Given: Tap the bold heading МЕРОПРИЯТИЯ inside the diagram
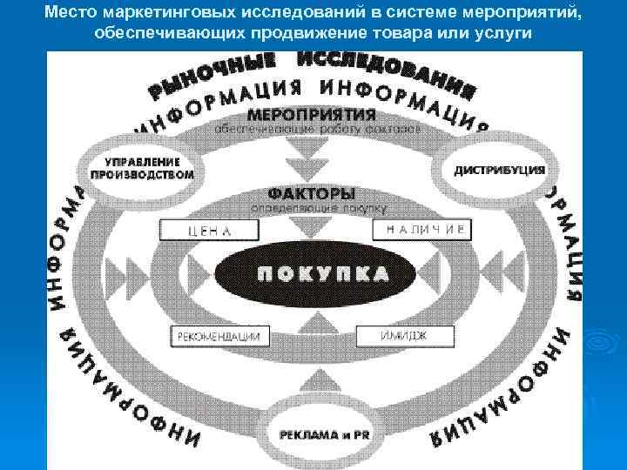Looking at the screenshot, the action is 312,114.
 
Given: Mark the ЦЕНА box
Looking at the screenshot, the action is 210,230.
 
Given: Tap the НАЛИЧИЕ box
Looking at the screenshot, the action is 422,230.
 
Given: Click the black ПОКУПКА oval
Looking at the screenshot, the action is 323,272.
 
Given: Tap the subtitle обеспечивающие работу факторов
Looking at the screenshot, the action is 318,129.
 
